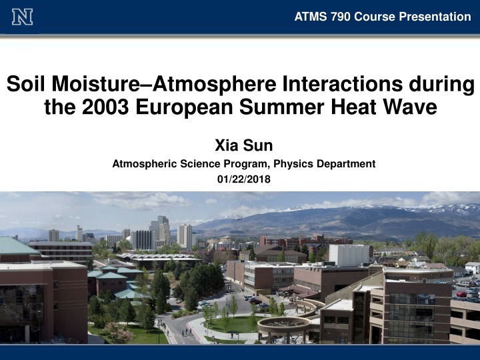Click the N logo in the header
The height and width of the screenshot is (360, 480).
23,17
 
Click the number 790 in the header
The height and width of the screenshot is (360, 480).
340,17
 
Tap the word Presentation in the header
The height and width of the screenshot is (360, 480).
435,17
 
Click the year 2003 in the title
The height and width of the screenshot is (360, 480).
105,107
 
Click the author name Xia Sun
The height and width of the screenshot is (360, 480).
244,145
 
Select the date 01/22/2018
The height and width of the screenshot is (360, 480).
244,179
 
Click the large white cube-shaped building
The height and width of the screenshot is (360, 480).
349,255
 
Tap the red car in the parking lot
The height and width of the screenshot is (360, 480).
461,294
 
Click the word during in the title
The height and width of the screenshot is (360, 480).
442,85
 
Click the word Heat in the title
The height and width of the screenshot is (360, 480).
353,107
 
